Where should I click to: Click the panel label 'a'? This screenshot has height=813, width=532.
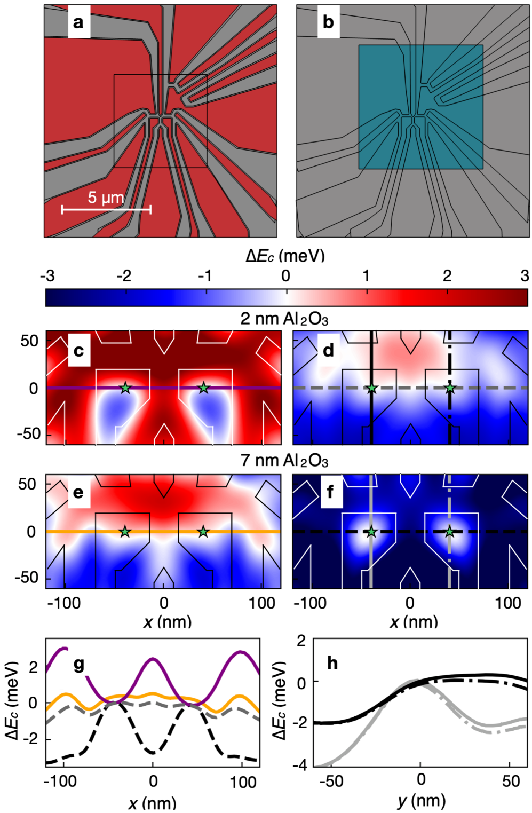[78, 22]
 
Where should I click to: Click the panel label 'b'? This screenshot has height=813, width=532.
[328, 22]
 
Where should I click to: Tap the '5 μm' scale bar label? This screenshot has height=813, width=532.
[106, 198]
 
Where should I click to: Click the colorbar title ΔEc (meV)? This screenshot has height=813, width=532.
[285, 256]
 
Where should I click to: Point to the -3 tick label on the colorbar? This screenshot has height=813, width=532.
[47, 275]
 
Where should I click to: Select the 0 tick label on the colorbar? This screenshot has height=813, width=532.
[286, 275]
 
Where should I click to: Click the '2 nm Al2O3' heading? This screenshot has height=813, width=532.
[284, 319]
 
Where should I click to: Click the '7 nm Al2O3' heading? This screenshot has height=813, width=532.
[284, 461]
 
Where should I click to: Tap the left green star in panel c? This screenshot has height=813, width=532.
[125, 388]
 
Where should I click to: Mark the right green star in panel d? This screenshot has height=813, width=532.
[450, 388]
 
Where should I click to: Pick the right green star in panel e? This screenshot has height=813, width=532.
[203, 532]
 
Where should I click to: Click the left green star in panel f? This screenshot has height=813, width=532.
[371, 532]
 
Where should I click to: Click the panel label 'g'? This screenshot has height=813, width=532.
[79, 664]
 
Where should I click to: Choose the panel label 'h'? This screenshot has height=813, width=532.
[332, 664]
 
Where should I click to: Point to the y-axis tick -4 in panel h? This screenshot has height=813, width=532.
[301, 764]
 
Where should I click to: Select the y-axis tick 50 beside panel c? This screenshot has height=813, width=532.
[29, 341]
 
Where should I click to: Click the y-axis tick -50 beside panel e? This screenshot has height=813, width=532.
[27, 578]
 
